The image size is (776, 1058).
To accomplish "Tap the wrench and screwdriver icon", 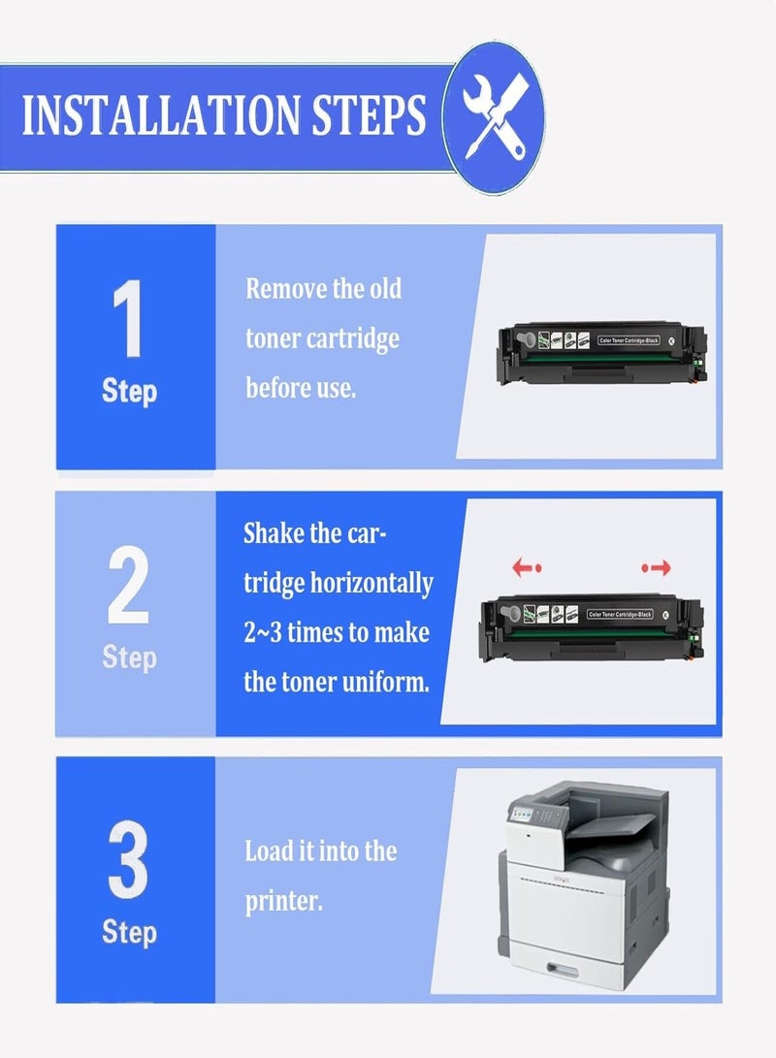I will (492, 118).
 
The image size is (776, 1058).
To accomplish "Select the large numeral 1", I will (128, 319).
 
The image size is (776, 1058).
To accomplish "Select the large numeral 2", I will (128, 586).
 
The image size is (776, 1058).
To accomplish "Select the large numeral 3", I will (128, 859).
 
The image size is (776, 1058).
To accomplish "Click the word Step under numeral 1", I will (129, 392).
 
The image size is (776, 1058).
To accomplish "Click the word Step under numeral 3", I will (129, 932).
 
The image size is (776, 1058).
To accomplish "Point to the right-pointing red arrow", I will (656, 567).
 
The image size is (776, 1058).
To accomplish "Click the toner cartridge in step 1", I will (599, 342).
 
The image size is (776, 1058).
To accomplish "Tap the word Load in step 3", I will (268, 851).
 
